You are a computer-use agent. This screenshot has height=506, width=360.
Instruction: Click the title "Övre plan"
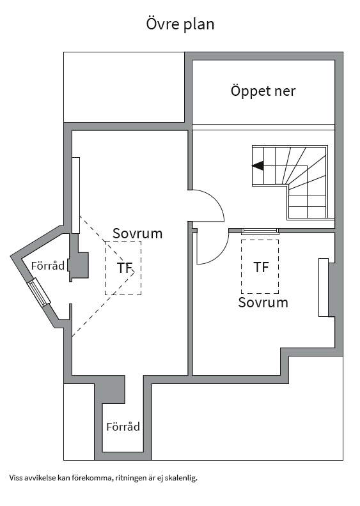180,24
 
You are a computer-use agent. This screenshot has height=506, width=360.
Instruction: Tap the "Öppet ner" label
263,91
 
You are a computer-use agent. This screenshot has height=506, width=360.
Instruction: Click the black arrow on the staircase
258,166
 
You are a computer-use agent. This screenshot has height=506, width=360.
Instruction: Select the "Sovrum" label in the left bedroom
137,233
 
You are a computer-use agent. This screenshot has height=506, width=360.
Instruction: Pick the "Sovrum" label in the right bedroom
263,302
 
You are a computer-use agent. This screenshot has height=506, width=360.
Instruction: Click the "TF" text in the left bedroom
125,268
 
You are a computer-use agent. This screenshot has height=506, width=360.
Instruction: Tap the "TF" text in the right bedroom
261,267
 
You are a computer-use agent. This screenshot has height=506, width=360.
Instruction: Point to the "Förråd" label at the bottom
123,427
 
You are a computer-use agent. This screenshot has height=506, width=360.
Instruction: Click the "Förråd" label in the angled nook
48,266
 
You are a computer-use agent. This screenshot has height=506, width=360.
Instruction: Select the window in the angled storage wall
39,293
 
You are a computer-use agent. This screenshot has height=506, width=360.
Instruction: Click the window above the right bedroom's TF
260,231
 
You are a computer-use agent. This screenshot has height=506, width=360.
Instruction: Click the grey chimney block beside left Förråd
79,265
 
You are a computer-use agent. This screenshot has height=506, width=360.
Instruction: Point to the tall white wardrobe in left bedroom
76,195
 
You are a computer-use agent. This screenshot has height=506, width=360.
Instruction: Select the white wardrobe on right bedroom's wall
324,287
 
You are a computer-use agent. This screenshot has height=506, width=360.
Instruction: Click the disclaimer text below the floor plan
104,478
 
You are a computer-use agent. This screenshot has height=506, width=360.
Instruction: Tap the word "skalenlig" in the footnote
181,478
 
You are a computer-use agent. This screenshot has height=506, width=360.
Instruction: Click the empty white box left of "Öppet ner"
124,87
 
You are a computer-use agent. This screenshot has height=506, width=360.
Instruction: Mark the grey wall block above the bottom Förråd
110,390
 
